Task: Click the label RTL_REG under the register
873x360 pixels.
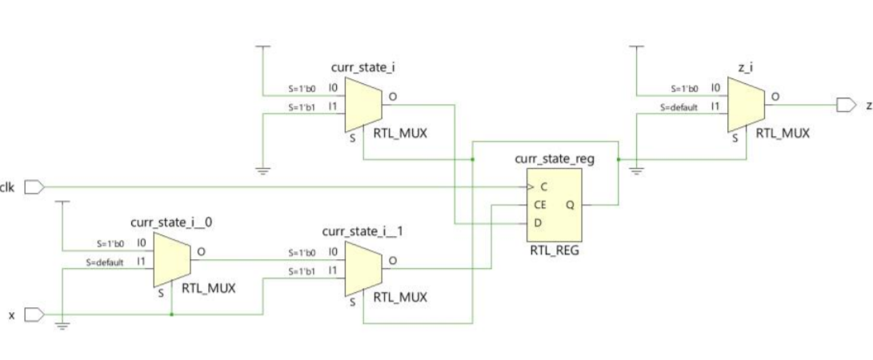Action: coord(554,251)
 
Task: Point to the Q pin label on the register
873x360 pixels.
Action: coord(570,205)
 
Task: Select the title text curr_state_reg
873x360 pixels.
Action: coord(555,158)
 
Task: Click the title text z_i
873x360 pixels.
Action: coord(746,70)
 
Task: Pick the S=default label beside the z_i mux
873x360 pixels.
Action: coord(679,106)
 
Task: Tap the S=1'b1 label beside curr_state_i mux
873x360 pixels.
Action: coord(303,106)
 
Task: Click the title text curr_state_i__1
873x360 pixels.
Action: coord(362,232)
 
